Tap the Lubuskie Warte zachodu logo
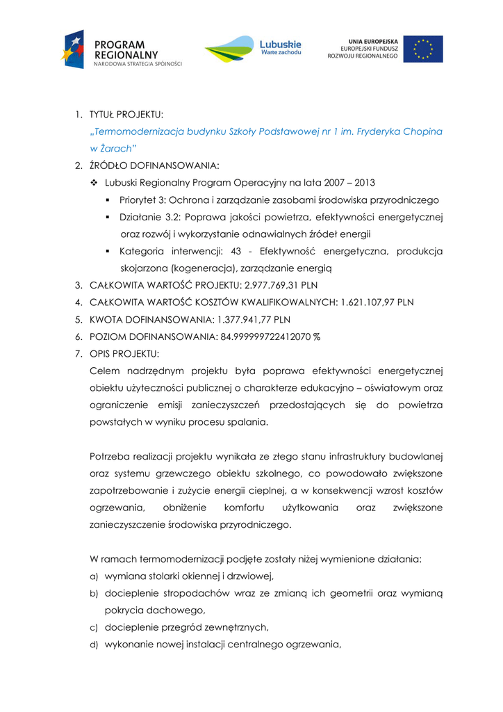(x=253, y=49)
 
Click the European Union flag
(x=422, y=49)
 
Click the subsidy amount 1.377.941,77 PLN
(x=253, y=320)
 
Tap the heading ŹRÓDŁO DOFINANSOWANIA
(x=154, y=165)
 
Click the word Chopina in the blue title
(x=422, y=131)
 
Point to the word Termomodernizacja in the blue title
(x=137, y=131)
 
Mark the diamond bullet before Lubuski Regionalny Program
(x=94, y=183)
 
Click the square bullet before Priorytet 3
(x=108, y=200)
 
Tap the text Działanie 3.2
(x=149, y=218)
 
